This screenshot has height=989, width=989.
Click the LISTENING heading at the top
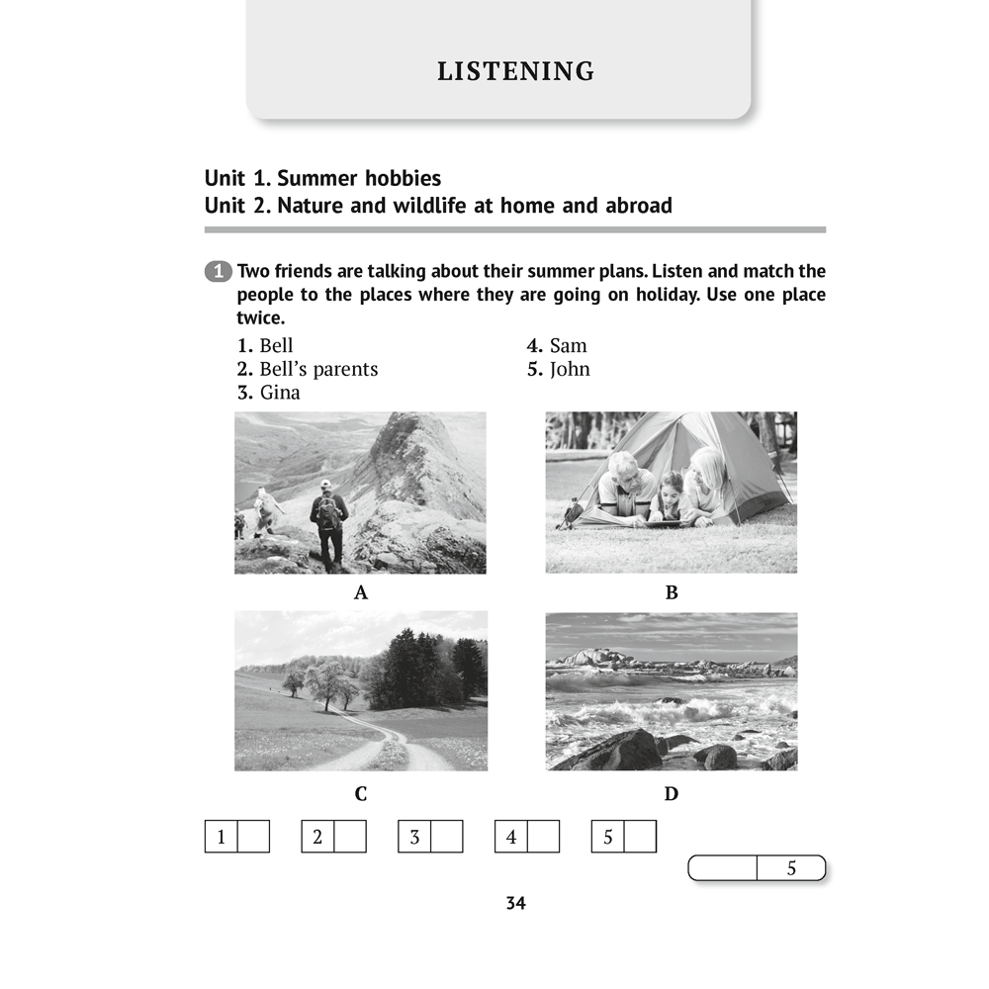515,71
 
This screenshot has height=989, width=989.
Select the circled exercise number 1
218,272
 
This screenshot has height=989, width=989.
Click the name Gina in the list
280,393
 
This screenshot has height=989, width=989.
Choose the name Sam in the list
568,345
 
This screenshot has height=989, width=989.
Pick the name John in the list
570,369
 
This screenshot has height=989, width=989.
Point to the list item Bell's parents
317,369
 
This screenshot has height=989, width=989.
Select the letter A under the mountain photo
361,593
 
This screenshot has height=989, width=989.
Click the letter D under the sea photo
672,794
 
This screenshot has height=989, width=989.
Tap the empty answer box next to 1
253,837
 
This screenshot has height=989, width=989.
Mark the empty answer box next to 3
447,837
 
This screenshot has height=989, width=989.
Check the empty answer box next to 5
640,837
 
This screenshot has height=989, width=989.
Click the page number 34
515,903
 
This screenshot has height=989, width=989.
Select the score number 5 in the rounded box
791,868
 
